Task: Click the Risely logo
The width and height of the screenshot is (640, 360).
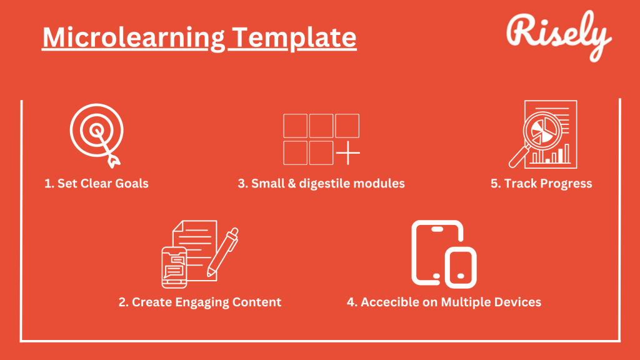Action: click(x=559, y=36)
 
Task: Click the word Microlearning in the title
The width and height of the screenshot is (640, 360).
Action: click(x=134, y=38)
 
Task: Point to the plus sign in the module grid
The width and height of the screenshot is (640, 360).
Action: click(x=347, y=153)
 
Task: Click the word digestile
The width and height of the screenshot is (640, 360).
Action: click(x=324, y=184)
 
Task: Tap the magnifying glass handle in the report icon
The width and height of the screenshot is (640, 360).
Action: click(x=518, y=157)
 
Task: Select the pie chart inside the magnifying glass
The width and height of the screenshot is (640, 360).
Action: click(x=541, y=131)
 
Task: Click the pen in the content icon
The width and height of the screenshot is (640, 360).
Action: click(x=223, y=252)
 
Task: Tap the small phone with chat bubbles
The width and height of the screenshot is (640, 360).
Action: click(x=174, y=267)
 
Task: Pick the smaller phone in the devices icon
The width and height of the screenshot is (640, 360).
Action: click(x=461, y=267)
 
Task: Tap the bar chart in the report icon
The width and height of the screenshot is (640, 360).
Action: click(x=551, y=154)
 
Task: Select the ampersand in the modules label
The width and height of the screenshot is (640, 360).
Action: click(x=291, y=183)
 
